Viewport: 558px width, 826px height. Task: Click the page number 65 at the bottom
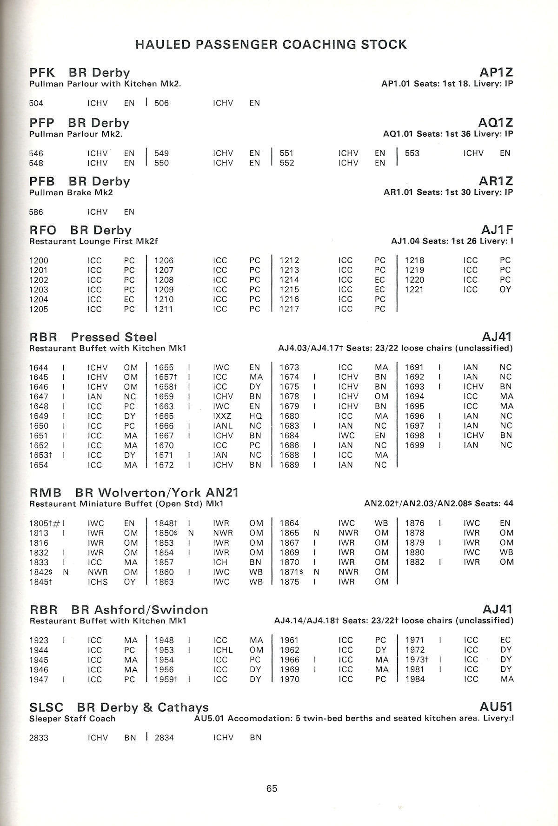272,788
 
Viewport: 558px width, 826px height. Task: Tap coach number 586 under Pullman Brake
36,212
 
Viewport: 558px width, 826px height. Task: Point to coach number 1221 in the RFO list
414,290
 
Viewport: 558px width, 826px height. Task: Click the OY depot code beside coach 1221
505,290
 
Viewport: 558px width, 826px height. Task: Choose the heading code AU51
496,707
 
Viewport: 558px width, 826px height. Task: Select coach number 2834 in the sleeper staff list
164,738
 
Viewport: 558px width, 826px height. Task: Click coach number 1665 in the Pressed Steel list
164,416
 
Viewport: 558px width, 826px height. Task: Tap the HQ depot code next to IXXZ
255,416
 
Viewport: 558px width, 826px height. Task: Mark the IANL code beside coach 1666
223,426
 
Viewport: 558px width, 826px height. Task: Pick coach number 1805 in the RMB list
39,523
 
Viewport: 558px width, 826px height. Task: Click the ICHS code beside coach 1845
98,582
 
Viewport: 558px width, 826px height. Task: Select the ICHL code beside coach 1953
223,650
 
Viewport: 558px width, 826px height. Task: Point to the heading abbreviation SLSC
46,707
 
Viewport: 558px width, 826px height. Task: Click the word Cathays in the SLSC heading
183,707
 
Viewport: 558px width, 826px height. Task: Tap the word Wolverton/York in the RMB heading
150,493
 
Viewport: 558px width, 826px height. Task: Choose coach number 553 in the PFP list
412,153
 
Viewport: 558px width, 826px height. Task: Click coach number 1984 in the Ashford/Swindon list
415,679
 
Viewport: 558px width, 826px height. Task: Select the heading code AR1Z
496,181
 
